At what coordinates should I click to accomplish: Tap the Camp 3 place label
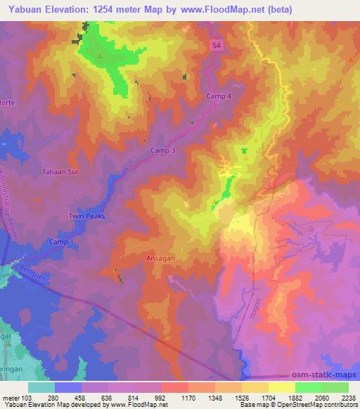[x=162, y=150]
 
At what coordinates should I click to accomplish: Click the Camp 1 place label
[x=61, y=242]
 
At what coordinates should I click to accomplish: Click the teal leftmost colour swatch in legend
[x=41, y=387]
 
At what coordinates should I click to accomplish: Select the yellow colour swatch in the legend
[x=281, y=387]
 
